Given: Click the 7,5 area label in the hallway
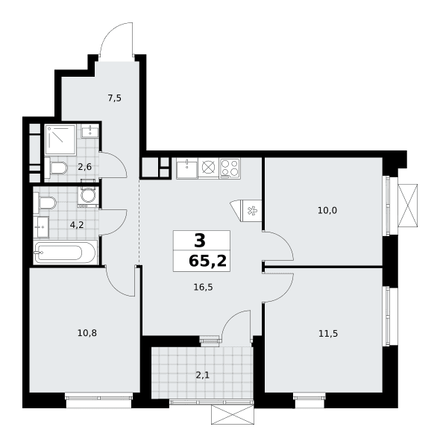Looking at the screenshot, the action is (114, 98).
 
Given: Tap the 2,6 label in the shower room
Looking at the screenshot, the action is (85, 167).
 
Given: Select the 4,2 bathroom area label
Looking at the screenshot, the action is (77, 225).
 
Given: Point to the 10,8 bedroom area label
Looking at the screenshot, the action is (87, 333).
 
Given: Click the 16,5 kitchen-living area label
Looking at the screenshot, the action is (203, 287).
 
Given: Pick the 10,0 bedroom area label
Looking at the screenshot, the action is (327, 210).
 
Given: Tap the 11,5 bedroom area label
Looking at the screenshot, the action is (328, 333).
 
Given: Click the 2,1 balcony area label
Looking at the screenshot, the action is (203, 375).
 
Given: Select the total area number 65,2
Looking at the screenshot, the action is (208, 261).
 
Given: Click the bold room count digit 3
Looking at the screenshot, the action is (200, 241).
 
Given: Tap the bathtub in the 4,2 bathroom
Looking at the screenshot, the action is (66, 253).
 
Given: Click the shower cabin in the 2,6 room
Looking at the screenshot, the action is (60, 140).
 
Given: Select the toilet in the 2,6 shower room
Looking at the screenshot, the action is (56, 168).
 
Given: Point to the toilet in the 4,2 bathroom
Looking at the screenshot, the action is (45, 203).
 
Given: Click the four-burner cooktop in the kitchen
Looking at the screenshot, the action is (230, 168).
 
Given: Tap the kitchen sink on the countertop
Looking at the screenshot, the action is (187, 168).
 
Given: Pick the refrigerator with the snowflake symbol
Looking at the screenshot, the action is (251, 211).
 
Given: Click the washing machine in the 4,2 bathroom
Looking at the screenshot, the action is (88, 197).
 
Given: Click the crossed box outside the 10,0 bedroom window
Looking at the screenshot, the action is (408, 206).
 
